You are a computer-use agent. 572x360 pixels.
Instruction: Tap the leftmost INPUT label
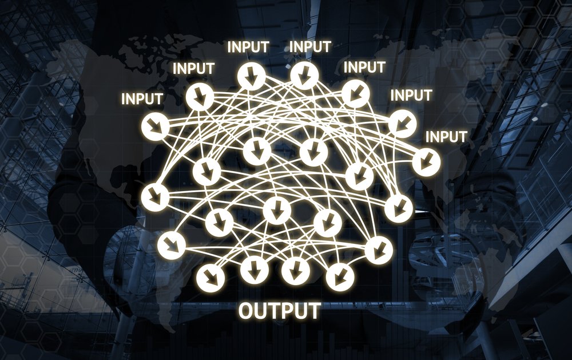tap(141, 98)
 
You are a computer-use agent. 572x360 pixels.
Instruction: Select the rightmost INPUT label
tap(447, 137)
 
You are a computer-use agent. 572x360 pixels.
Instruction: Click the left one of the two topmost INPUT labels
tap(248, 46)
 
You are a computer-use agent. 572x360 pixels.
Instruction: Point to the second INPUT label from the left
tap(193, 68)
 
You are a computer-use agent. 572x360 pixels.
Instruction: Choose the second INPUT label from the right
tap(411, 95)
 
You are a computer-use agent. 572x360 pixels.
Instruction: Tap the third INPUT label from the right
tap(364, 67)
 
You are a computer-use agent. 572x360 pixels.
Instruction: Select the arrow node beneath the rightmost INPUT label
tap(426, 161)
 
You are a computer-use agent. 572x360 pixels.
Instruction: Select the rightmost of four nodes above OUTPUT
tap(340, 275)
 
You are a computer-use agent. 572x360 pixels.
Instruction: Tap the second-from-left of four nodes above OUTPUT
tap(252, 267)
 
